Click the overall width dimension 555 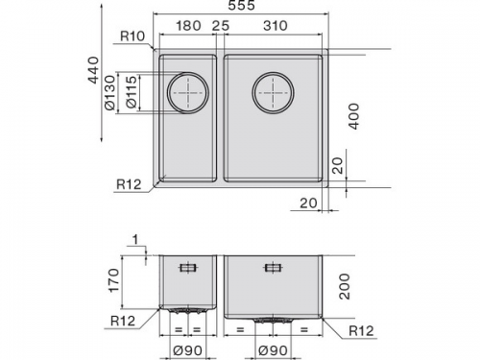[x=241, y=5]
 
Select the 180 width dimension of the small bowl [x=188, y=26]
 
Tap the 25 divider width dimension [x=221, y=26]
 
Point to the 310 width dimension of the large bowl [x=276, y=26]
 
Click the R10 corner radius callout [x=132, y=36]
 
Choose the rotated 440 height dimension [x=93, y=70]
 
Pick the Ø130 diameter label [x=109, y=92]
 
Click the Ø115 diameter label [x=132, y=92]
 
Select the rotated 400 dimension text [x=354, y=116]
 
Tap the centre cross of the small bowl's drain [x=187, y=93]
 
